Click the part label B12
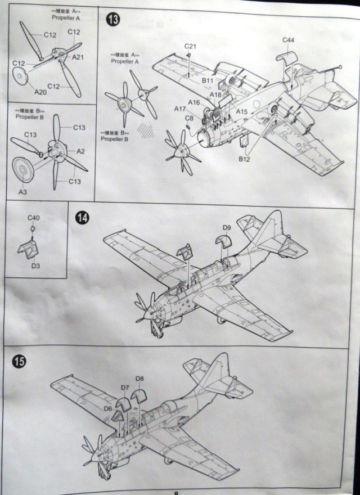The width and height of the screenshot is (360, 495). pyautogui.click(x=244, y=159)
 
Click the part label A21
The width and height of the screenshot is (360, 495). pyautogui.click(x=78, y=57)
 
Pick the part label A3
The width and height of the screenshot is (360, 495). pyautogui.click(x=24, y=192)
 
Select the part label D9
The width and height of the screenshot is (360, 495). pyautogui.click(x=227, y=227)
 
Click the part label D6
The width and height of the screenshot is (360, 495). pyautogui.click(x=107, y=393)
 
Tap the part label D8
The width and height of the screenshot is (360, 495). pyautogui.click(x=140, y=379)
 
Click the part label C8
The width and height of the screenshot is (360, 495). pyautogui.click(x=189, y=118)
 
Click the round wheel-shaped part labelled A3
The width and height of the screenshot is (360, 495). pyautogui.click(x=24, y=169)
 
